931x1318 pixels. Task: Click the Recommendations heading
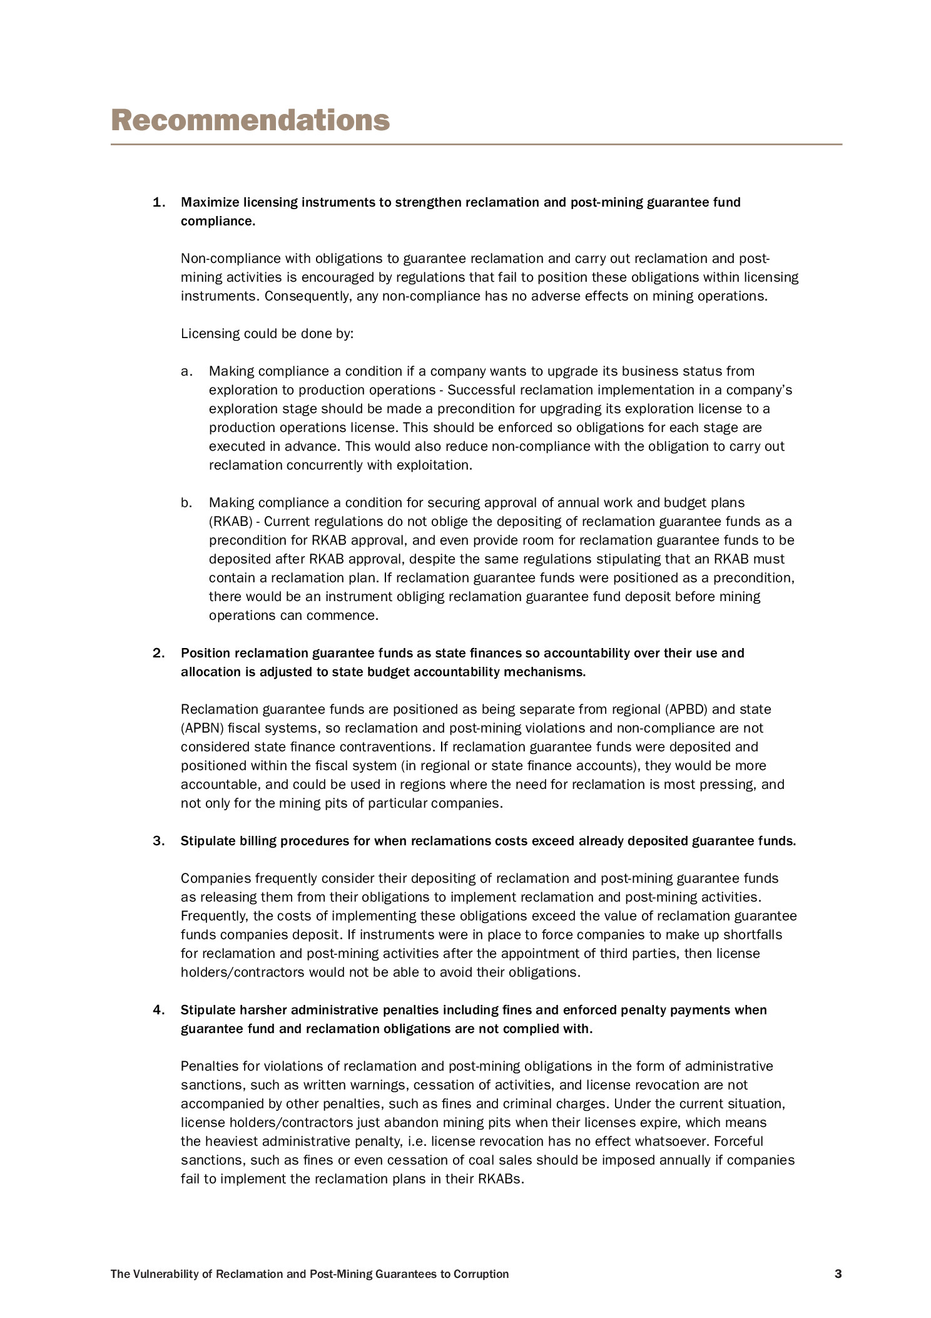click(250, 120)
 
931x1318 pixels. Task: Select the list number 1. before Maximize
click(159, 202)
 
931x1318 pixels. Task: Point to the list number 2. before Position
click(159, 653)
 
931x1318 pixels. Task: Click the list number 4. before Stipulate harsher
click(159, 1010)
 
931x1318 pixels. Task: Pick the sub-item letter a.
click(186, 371)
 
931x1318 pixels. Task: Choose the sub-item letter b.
click(186, 503)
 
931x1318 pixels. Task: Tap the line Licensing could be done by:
click(267, 334)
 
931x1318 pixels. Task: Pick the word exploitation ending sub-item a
click(436, 465)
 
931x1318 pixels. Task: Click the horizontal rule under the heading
click(476, 145)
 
